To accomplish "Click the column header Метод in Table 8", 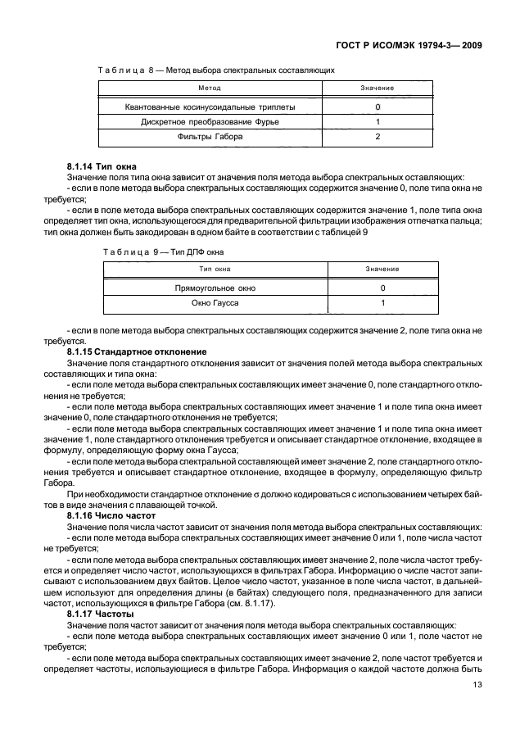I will (x=210, y=88).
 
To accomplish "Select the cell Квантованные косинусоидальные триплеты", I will (x=210, y=107).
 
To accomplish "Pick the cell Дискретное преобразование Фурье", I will (x=210, y=121).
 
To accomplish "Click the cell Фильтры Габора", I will (x=210, y=136).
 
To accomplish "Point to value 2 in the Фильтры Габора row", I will (x=378, y=136).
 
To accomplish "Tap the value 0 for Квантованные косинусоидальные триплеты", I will (x=378, y=107).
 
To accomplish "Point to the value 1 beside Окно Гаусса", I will (x=382, y=303).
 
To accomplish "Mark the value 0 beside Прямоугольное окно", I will (x=382, y=288).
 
